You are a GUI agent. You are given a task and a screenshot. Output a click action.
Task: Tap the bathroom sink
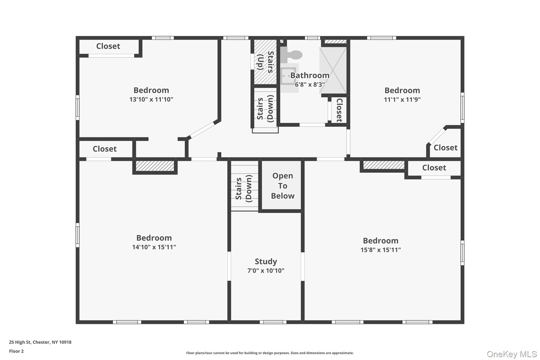(288, 76)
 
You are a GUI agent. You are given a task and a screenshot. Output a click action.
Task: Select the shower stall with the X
(333, 70)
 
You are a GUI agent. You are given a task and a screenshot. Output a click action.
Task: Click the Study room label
(266, 261)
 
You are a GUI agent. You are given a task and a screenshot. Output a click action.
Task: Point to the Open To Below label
(283, 186)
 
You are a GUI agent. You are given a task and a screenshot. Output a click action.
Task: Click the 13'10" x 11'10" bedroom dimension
(151, 99)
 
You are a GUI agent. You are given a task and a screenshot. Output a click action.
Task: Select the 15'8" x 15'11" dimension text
(381, 250)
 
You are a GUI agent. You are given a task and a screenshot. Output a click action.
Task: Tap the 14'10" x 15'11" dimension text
(154, 247)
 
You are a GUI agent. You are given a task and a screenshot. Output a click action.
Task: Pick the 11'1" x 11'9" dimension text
(402, 99)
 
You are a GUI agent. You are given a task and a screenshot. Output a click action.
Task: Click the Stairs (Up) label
(265, 62)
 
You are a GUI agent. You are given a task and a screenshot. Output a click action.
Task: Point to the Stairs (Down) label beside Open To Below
(244, 189)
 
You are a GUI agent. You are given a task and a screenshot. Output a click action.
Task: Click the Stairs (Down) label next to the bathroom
(265, 109)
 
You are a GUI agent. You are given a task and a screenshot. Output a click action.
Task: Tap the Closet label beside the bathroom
(339, 110)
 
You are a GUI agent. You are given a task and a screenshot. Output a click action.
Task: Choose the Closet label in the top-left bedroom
(108, 46)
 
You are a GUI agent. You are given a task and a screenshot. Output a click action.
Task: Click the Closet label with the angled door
(445, 147)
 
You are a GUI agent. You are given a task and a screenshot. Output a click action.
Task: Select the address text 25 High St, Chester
(40, 342)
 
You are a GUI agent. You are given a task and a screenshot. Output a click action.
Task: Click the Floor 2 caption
(16, 351)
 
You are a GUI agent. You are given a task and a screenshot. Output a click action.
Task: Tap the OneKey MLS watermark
(512, 354)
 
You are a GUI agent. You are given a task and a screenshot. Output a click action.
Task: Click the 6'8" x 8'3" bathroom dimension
(310, 84)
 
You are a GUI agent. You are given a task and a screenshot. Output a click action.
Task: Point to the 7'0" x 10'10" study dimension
(266, 271)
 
